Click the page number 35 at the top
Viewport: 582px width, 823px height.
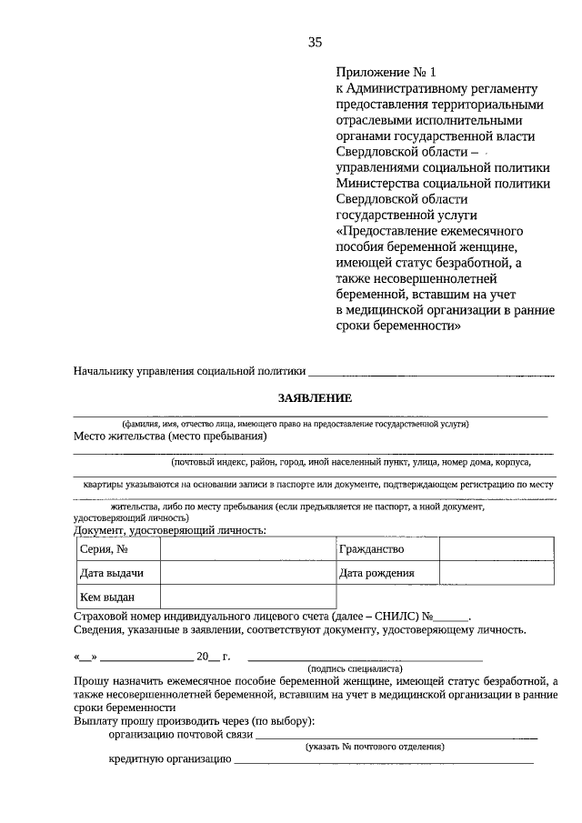click(x=315, y=42)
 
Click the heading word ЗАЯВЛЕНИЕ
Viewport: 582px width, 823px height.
click(x=314, y=398)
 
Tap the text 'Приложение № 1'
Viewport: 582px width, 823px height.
click(x=378, y=72)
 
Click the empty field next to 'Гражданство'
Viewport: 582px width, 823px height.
click(x=497, y=549)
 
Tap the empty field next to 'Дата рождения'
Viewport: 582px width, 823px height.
click(x=497, y=573)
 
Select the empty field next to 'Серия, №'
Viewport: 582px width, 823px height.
click(x=247, y=549)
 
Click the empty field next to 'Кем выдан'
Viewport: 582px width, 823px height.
click(x=247, y=597)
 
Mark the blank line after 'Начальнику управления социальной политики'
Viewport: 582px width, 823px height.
click(x=431, y=372)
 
